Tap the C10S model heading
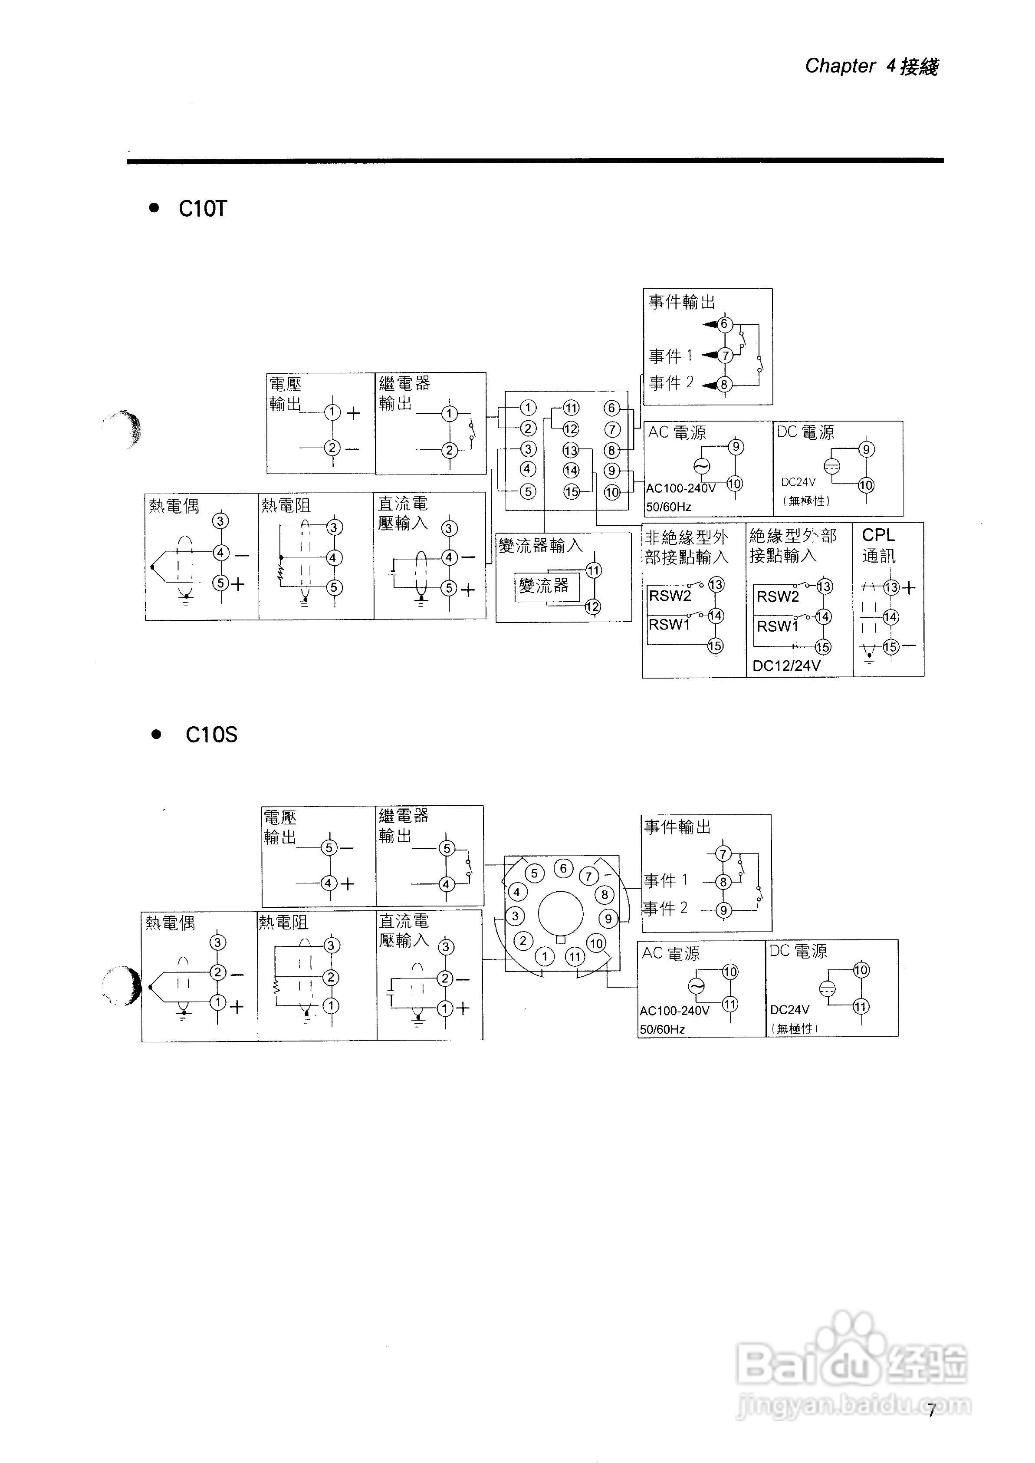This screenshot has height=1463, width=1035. point(211,735)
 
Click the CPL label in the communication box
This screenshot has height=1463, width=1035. point(878,535)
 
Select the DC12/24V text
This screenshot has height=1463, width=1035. point(786,666)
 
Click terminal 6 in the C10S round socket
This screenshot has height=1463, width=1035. point(563,868)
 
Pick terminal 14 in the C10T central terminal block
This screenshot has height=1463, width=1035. point(571,471)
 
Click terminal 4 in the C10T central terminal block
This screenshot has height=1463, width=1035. point(527,469)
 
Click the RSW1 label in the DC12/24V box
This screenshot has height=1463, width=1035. point(778,626)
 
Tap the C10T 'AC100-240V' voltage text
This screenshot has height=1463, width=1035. point(680,488)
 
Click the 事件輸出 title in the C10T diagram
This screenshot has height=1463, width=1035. point(682,302)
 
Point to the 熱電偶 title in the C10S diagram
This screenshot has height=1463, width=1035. point(170,923)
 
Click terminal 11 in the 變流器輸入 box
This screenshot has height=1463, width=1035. point(593,570)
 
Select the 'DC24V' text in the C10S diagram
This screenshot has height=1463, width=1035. point(790,1010)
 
